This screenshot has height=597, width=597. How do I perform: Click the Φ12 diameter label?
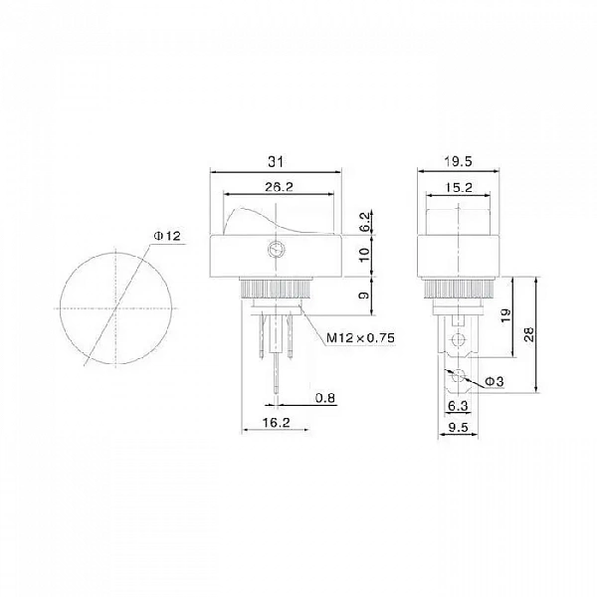167,237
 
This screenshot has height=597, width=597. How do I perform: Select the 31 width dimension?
276,162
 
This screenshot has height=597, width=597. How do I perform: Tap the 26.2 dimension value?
279,187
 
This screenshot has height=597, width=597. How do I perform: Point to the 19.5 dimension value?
458,162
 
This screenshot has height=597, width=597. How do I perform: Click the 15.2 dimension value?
458,187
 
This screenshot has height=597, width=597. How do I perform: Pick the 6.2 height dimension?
364,222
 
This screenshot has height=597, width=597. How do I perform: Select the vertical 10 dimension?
364,255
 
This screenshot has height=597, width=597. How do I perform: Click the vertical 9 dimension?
364,296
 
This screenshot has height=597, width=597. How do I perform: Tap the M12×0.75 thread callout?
360,337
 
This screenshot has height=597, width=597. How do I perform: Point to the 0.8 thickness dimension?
325,398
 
